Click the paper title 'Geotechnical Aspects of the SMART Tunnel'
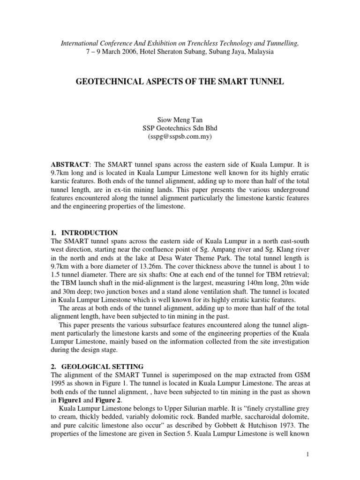(180, 82)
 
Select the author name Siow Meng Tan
(180, 120)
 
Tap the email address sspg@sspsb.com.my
(180, 136)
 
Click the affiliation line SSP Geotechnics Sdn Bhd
(180, 128)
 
